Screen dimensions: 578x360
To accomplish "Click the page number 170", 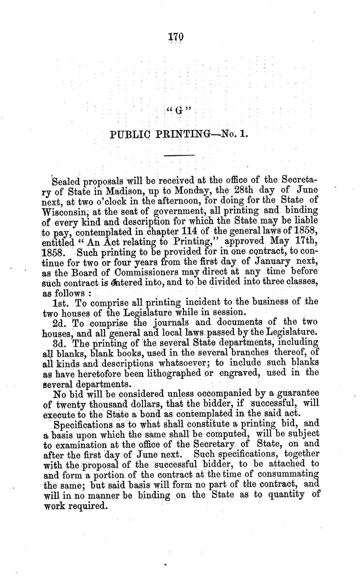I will pos(176,37).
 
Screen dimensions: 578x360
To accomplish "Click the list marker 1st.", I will pos(61,302).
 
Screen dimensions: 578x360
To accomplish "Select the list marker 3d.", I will pos(60,342).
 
